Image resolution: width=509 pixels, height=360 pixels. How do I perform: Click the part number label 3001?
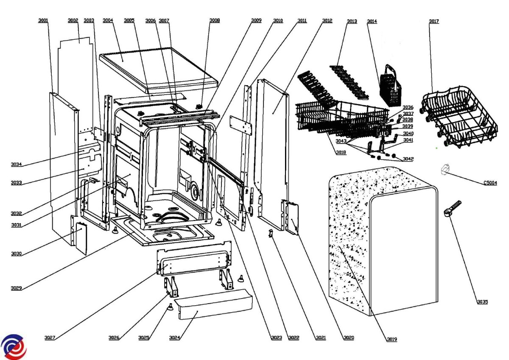(x=43, y=20)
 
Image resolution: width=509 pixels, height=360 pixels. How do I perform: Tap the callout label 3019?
(x=392, y=339)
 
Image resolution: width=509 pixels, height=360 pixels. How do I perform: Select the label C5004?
(x=490, y=183)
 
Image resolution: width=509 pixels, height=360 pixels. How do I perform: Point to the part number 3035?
(x=482, y=302)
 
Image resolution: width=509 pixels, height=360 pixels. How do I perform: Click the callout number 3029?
(x=16, y=288)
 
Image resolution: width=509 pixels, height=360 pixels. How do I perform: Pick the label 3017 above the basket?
(x=434, y=21)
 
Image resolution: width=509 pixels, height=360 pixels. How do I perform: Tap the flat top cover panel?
(x=157, y=70)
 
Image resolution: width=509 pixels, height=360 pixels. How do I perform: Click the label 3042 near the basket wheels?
(x=408, y=159)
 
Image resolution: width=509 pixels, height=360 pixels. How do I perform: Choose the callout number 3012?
(x=327, y=20)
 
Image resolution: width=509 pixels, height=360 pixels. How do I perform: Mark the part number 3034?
(x=16, y=165)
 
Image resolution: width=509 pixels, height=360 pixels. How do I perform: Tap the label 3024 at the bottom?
(x=174, y=338)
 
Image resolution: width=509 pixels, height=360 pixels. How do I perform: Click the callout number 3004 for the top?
(x=108, y=20)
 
